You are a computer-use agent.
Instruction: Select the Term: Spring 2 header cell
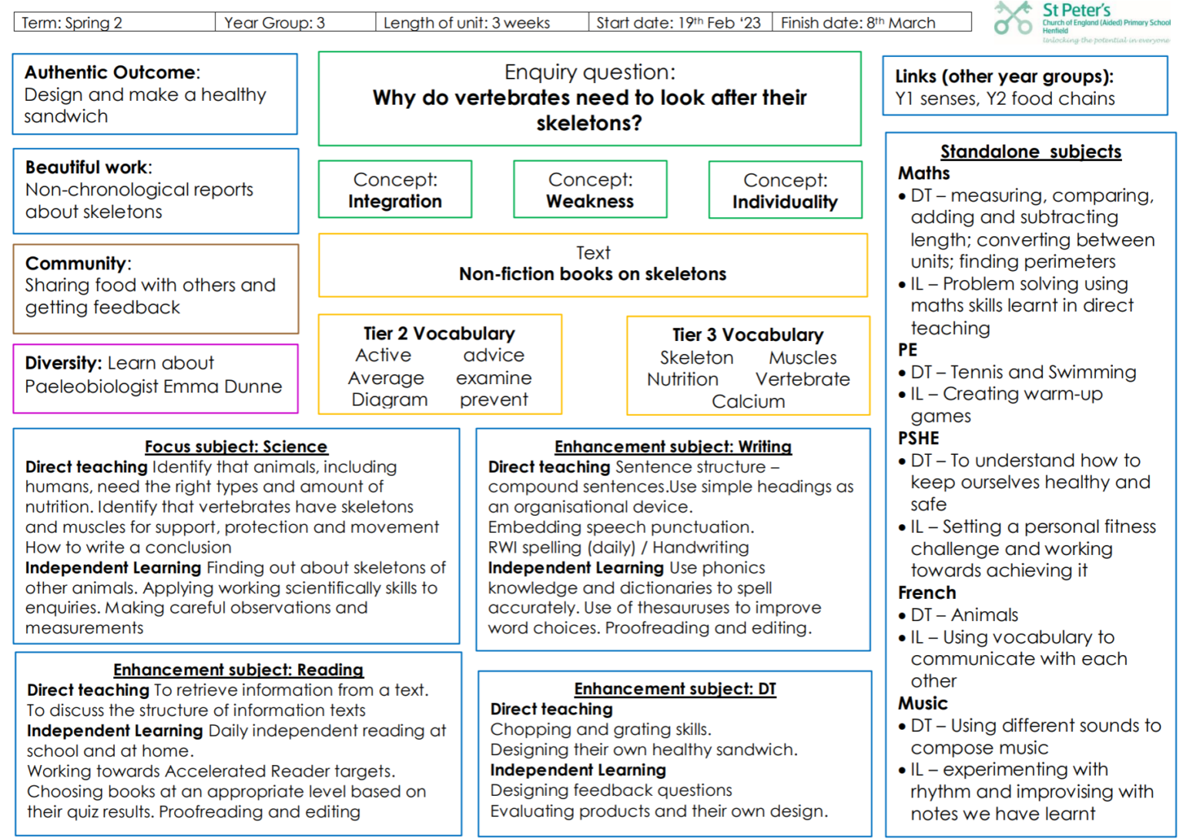point(115,22)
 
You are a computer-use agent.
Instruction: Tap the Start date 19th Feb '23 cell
point(680,22)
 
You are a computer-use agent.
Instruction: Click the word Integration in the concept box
point(394,201)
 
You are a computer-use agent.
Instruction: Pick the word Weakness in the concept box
point(590,201)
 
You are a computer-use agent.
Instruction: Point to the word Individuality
point(785,202)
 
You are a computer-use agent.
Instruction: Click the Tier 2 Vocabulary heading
point(439,333)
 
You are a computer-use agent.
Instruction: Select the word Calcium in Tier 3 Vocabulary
point(749,402)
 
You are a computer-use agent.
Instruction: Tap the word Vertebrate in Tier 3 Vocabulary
point(803,379)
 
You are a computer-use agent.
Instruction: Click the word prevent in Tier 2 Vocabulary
point(493,400)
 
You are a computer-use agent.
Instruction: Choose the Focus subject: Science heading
point(236,446)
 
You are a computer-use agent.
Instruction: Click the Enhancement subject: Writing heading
point(673,446)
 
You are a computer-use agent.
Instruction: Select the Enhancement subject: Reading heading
point(238,670)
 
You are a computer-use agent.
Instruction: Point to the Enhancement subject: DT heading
point(675,689)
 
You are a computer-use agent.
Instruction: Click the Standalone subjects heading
point(1031,152)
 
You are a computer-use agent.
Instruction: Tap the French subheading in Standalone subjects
point(927,593)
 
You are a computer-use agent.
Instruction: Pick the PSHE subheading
point(918,438)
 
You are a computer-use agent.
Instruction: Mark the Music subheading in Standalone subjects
point(923,703)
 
